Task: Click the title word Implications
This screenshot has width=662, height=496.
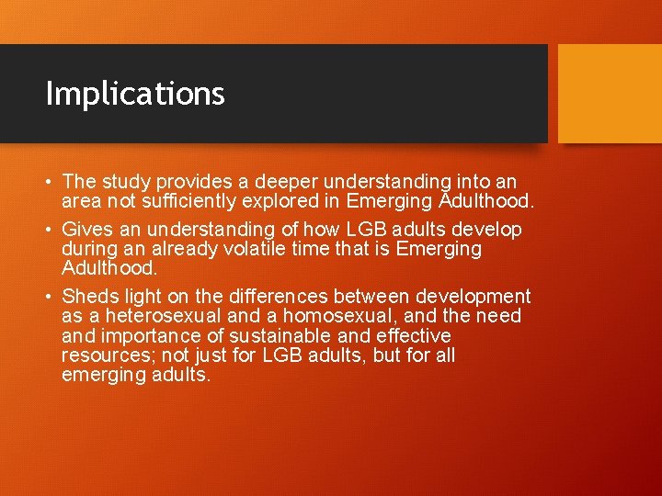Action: (x=135, y=94)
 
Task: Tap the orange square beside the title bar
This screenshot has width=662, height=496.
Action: (x=610, y=94)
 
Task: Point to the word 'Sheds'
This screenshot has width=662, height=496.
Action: (x=87, y=297)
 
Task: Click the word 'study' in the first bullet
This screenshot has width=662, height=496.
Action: (x=120, y=182)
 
